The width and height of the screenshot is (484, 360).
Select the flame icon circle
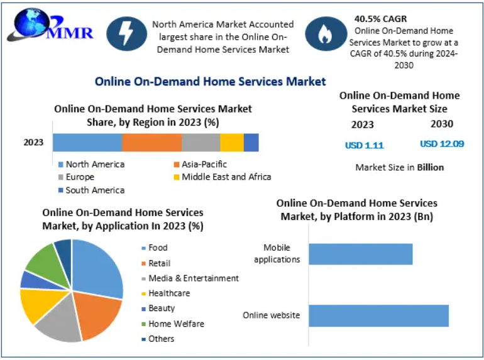[325, 35]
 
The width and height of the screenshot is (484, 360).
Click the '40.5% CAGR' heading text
[380, 19]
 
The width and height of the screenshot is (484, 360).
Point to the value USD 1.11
[364, 145]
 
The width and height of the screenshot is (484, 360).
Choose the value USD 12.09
[442, 144]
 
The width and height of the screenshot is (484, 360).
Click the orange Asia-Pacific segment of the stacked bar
[151, 143]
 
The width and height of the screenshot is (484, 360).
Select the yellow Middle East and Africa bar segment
[232, 143]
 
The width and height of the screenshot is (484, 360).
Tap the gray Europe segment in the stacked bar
[201, 143]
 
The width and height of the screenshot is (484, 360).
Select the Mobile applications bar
[360, 254]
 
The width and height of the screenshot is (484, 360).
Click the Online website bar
[378, 315]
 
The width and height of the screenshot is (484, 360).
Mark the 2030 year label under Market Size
[441, 124]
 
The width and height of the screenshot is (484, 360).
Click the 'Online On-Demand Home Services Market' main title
[210, 81]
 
